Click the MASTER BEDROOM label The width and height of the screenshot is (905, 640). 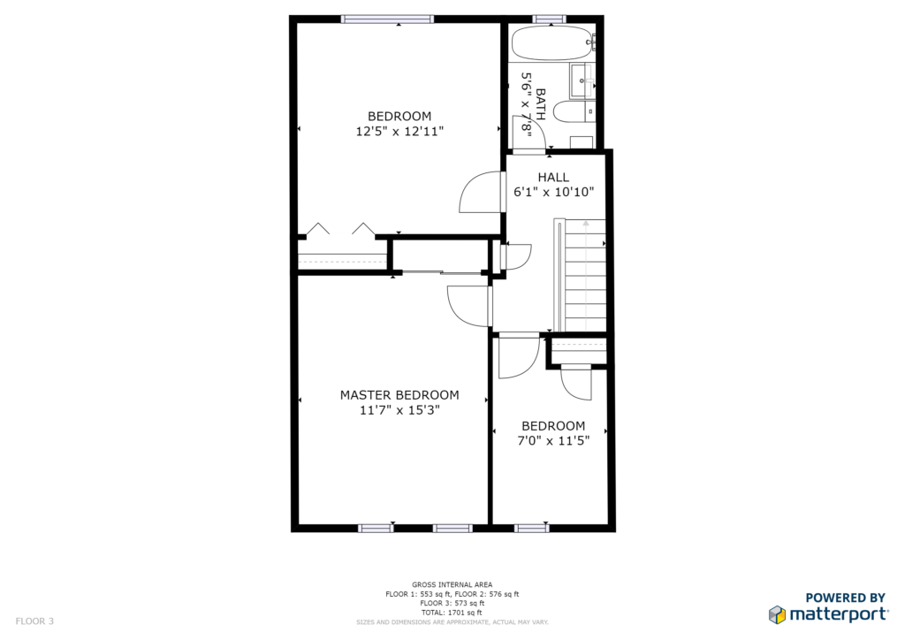399,395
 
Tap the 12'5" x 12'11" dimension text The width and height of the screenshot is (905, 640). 399,132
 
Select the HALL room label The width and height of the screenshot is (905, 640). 553,178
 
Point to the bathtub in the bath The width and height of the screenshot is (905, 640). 552,42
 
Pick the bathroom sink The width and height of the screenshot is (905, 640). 582,80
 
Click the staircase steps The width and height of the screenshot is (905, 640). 585,275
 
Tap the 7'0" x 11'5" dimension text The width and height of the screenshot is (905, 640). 553,441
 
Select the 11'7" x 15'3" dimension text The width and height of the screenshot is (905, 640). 399,410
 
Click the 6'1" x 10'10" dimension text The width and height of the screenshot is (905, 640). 553,192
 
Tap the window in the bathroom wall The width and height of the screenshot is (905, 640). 550,19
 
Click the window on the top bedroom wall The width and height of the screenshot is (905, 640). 387,19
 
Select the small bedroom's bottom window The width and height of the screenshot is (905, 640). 531,528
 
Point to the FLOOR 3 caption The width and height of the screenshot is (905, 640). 34,621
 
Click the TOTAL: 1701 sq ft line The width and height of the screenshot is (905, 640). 452,613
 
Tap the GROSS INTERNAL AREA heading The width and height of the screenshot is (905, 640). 452,585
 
